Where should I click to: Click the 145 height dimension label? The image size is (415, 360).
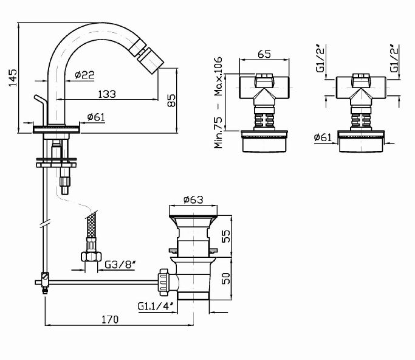coord(13,78)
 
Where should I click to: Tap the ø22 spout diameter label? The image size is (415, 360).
coord(84,75)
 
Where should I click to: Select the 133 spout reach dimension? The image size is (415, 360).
coord(107,94)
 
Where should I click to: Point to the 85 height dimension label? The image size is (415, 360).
coord(171,100)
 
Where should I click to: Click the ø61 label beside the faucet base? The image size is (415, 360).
coord(96,117)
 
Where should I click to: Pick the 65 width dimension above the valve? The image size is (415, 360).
coord(264,54)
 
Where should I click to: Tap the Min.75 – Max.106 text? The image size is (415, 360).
coord(218,102)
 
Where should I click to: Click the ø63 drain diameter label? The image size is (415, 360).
coord(193,199)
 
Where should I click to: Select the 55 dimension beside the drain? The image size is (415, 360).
coord(226,237)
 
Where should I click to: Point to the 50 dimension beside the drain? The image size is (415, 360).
coord(226,278)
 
